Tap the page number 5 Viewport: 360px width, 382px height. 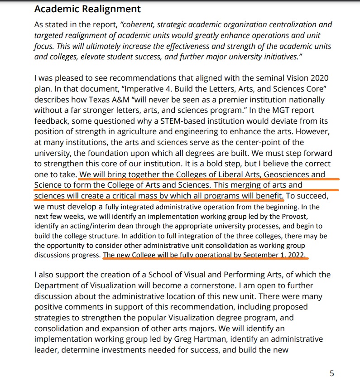pos(332,373)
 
